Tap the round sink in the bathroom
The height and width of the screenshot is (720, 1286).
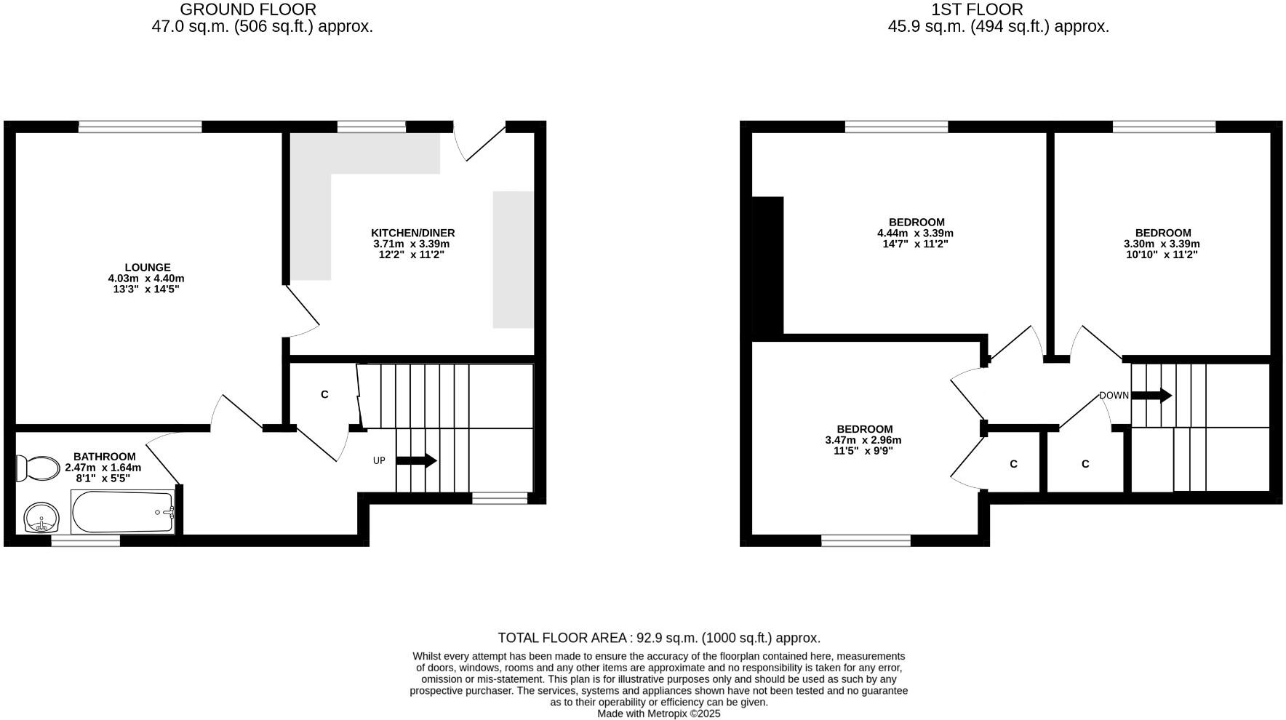(42, 518)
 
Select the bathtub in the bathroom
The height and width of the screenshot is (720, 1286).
(122, 511)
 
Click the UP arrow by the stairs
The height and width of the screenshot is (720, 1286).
(416, 460)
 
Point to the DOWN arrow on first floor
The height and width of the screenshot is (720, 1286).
(1151, 396)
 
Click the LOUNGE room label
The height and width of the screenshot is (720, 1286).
(148, 268)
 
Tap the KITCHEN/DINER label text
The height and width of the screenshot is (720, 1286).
(412, 233)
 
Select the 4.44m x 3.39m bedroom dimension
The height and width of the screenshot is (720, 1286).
(915, 233)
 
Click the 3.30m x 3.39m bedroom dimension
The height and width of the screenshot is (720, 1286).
(1162, 244)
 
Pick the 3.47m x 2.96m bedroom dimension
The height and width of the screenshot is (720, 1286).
(863, 440)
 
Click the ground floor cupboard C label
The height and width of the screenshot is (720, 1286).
(324, 394)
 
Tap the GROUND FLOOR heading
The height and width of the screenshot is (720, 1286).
(247, 9)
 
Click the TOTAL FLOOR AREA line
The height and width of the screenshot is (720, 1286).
(658, 638)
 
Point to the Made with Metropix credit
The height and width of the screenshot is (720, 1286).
(658, 713)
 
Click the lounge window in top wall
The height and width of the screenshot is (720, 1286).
(140, 127)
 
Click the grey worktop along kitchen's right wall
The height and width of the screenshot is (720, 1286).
(513, 259)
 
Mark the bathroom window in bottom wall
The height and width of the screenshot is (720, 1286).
(85, 540)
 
